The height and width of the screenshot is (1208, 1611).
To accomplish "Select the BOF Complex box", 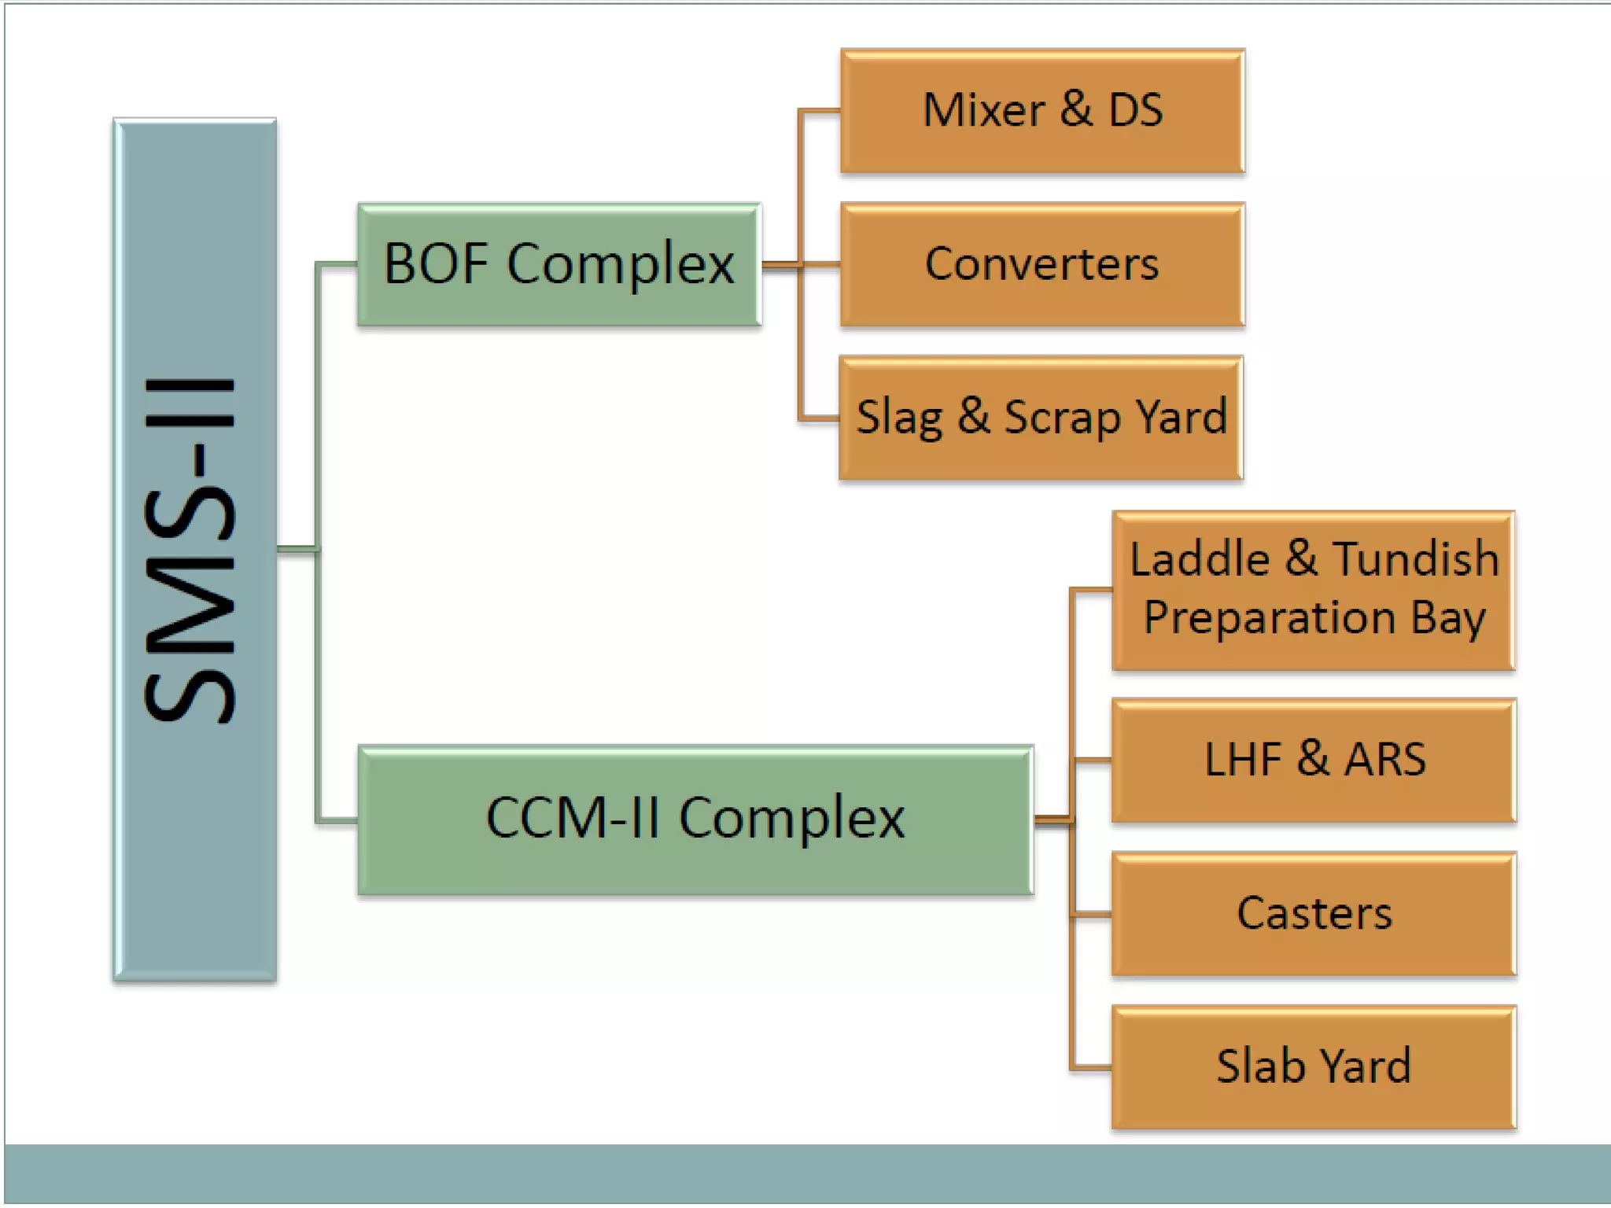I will coord(559,265).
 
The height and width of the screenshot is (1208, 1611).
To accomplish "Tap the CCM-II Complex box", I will coord(695,819).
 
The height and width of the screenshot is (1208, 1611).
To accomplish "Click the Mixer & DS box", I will coord(1042,111).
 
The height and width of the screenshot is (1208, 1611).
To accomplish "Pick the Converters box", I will coord(1042,265).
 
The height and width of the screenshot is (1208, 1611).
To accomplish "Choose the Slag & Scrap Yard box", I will coord(1041,418).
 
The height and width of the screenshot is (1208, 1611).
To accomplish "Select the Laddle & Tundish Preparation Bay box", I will coord(1313,590).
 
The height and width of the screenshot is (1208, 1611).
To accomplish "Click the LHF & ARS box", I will coord(1314,760).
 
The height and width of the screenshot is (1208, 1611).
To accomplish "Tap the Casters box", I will coord(1314,914).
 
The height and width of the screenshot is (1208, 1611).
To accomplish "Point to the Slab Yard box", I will coord(1314,1067).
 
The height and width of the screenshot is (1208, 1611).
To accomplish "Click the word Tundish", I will coord(1415,559).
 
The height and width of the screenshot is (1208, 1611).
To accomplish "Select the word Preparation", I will coord(1270,618).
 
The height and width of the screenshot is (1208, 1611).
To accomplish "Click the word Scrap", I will coord(1062,418).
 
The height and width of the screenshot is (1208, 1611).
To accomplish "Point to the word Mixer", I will coord(983,110).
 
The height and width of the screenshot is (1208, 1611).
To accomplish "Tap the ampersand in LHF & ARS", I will coord(1314,758).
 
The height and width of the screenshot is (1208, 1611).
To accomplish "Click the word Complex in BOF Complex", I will coord(621,264).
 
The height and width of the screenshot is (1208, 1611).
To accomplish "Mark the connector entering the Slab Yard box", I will coord(1092,1068).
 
